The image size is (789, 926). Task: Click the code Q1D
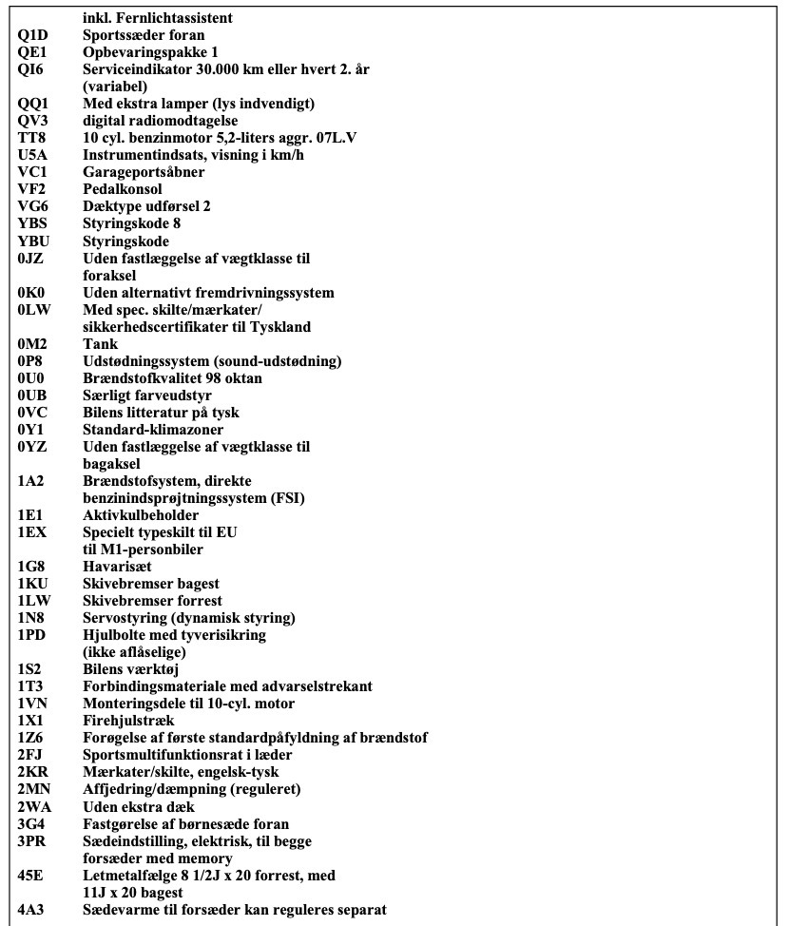coord(32,35)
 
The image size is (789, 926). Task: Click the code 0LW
coord(33,310)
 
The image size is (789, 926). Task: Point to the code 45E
coord(31,875)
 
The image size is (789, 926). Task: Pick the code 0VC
coord(32,413)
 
